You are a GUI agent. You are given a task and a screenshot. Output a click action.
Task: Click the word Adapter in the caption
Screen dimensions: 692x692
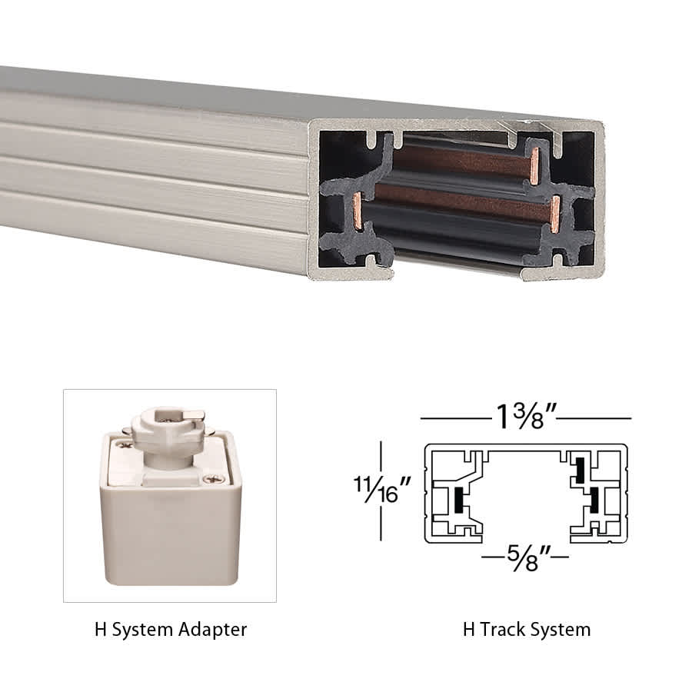point(211,629)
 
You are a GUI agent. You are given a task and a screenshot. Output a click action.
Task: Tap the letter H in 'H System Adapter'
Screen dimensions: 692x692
point(100,629)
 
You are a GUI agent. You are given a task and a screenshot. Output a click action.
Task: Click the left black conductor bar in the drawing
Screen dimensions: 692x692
point(458,500)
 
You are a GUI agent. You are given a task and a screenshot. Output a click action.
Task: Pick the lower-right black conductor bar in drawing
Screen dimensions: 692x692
point(594,501)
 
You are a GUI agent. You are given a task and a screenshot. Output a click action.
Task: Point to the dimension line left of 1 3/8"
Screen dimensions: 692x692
point(454,418)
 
